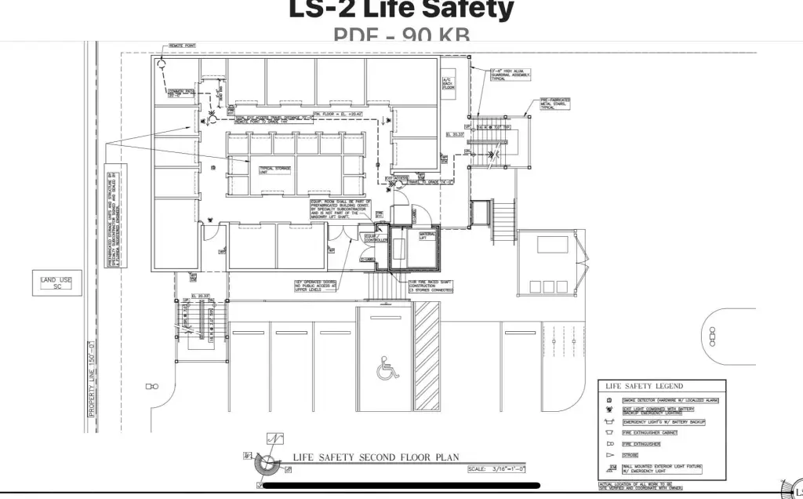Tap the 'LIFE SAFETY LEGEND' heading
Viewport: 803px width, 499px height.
coord(644,386)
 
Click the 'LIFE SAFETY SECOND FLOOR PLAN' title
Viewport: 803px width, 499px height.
coord(376,457)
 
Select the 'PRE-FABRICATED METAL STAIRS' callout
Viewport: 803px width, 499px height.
coord(555,104)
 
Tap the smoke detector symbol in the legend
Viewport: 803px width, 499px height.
coord(608,400)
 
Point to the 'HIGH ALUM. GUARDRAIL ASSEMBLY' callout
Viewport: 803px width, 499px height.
coord(511,75)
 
